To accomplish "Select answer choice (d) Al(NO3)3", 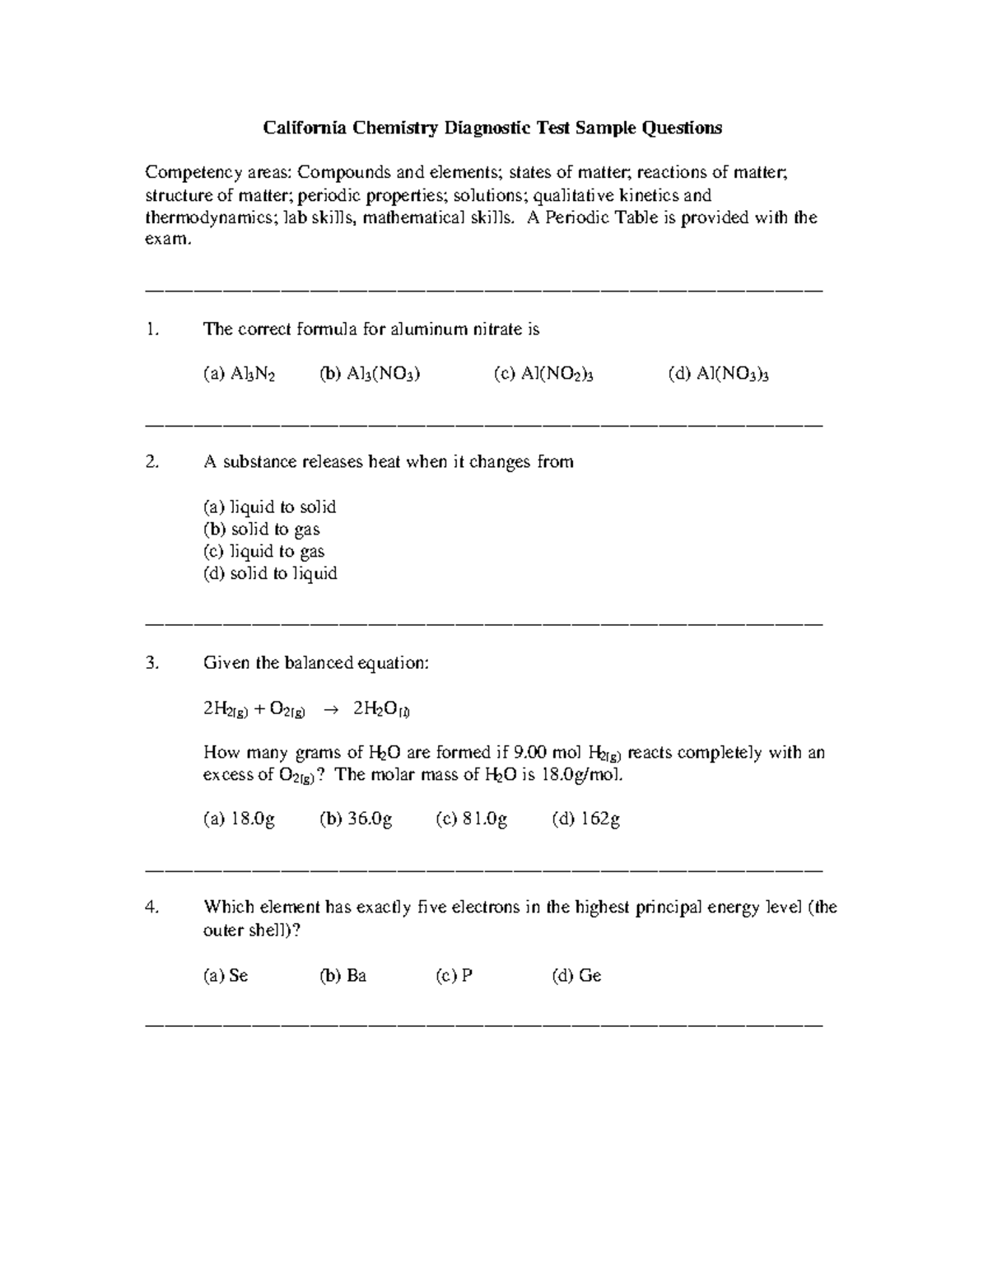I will click(x=719, y=375).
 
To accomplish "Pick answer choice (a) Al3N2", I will click(x=239, y=375).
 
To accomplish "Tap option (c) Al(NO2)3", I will click(x=543, y=375).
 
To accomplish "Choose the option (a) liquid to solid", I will click(x=269, y=507).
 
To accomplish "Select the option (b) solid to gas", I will click(x=261, y=530).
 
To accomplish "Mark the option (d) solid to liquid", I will click(x=270, y=574).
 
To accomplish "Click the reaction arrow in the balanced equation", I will click(x=329, y=709).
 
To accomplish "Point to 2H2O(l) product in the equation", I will click(x=382, y=709).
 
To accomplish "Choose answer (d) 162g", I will click(x=585, y=819).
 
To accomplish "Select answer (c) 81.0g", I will click(x=471, y=819).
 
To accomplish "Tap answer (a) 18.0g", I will click(x=239, y=819).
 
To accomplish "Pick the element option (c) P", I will click(x=454, y=976).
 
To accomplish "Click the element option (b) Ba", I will click(x=343, y=976).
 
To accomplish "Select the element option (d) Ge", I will click(x=576, y=976).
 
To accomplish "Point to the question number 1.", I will click(x=151, y=329).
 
